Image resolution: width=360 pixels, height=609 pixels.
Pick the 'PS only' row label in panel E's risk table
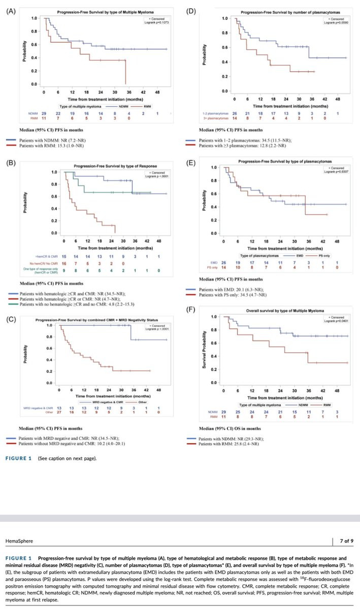coord(212,267)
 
